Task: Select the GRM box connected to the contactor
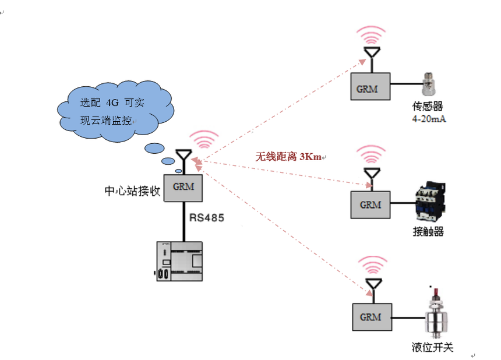click(370, 204)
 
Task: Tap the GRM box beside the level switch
click(370, 317)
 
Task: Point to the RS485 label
click(207, 218)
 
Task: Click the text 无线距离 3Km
click(289, 157)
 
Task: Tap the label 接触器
click(428, 232)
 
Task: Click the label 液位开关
click(432, 348)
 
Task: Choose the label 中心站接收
click(132, 190)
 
